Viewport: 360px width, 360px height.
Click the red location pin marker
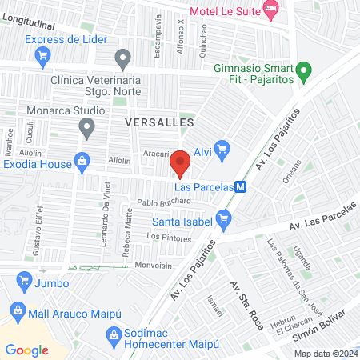coord(181,162)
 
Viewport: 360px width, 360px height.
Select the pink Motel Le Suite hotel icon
coord(270,12)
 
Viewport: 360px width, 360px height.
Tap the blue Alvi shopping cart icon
coord(222,148)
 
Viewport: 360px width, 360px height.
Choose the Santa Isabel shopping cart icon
coord(225,217)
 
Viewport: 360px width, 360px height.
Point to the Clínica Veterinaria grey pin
coord(122,58)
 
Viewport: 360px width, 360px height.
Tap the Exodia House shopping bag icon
coord(81,160)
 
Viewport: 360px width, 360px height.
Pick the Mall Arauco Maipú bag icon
coord(17,310)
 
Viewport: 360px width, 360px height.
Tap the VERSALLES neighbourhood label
coord(160,122)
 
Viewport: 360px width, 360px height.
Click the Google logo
coord(26,350)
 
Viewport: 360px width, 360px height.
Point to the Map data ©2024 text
coord(325,354)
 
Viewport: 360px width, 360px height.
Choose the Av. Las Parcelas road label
coord(323,224)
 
